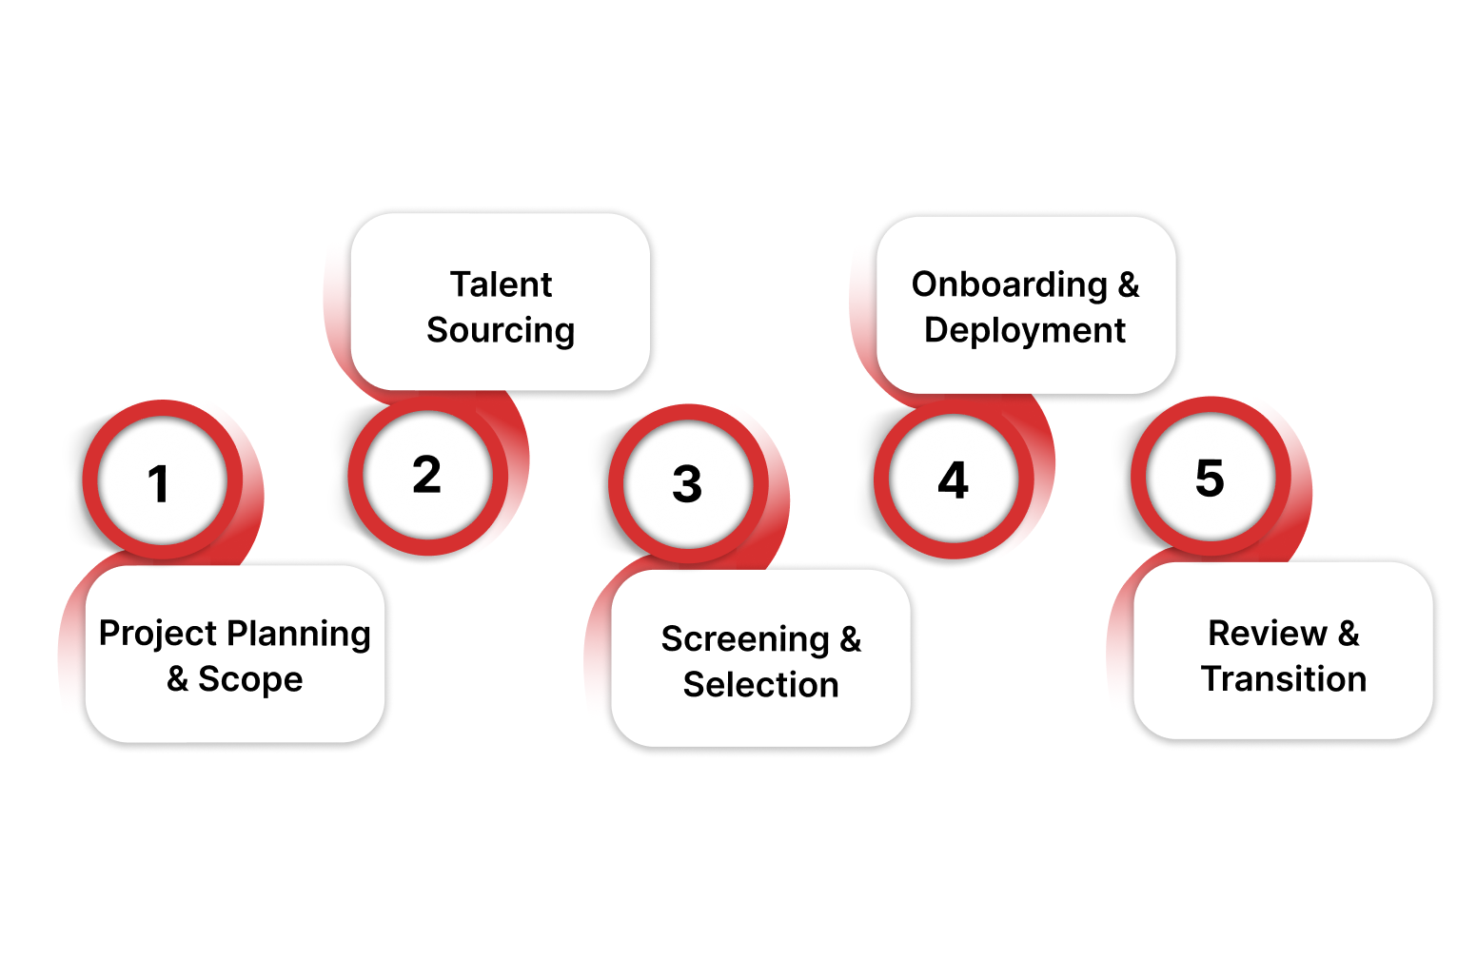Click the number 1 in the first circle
(x=159, y=483)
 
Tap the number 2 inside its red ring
(x=426, y=475)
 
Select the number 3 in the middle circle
(x=687, y=484)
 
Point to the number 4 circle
(x=953, y=480)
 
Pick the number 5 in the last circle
(x=1210, y=478)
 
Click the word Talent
(x=501, y=284)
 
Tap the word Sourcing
(x=501, y=330)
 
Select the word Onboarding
(x=1009, y=284)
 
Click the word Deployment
(x=1025, y=330)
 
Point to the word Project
(x=158, y=634)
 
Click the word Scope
(x=250, y=679)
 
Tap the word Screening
(x=745, y=639)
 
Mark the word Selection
(x=760, y=685)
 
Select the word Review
(x=1267, y=634)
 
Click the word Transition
(x=1283, y=679)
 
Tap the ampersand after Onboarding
(x=1128, y=284)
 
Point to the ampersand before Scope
(x=177, y=679)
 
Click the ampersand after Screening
(x=850, y=639)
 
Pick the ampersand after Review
(x=1349, y=634)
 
